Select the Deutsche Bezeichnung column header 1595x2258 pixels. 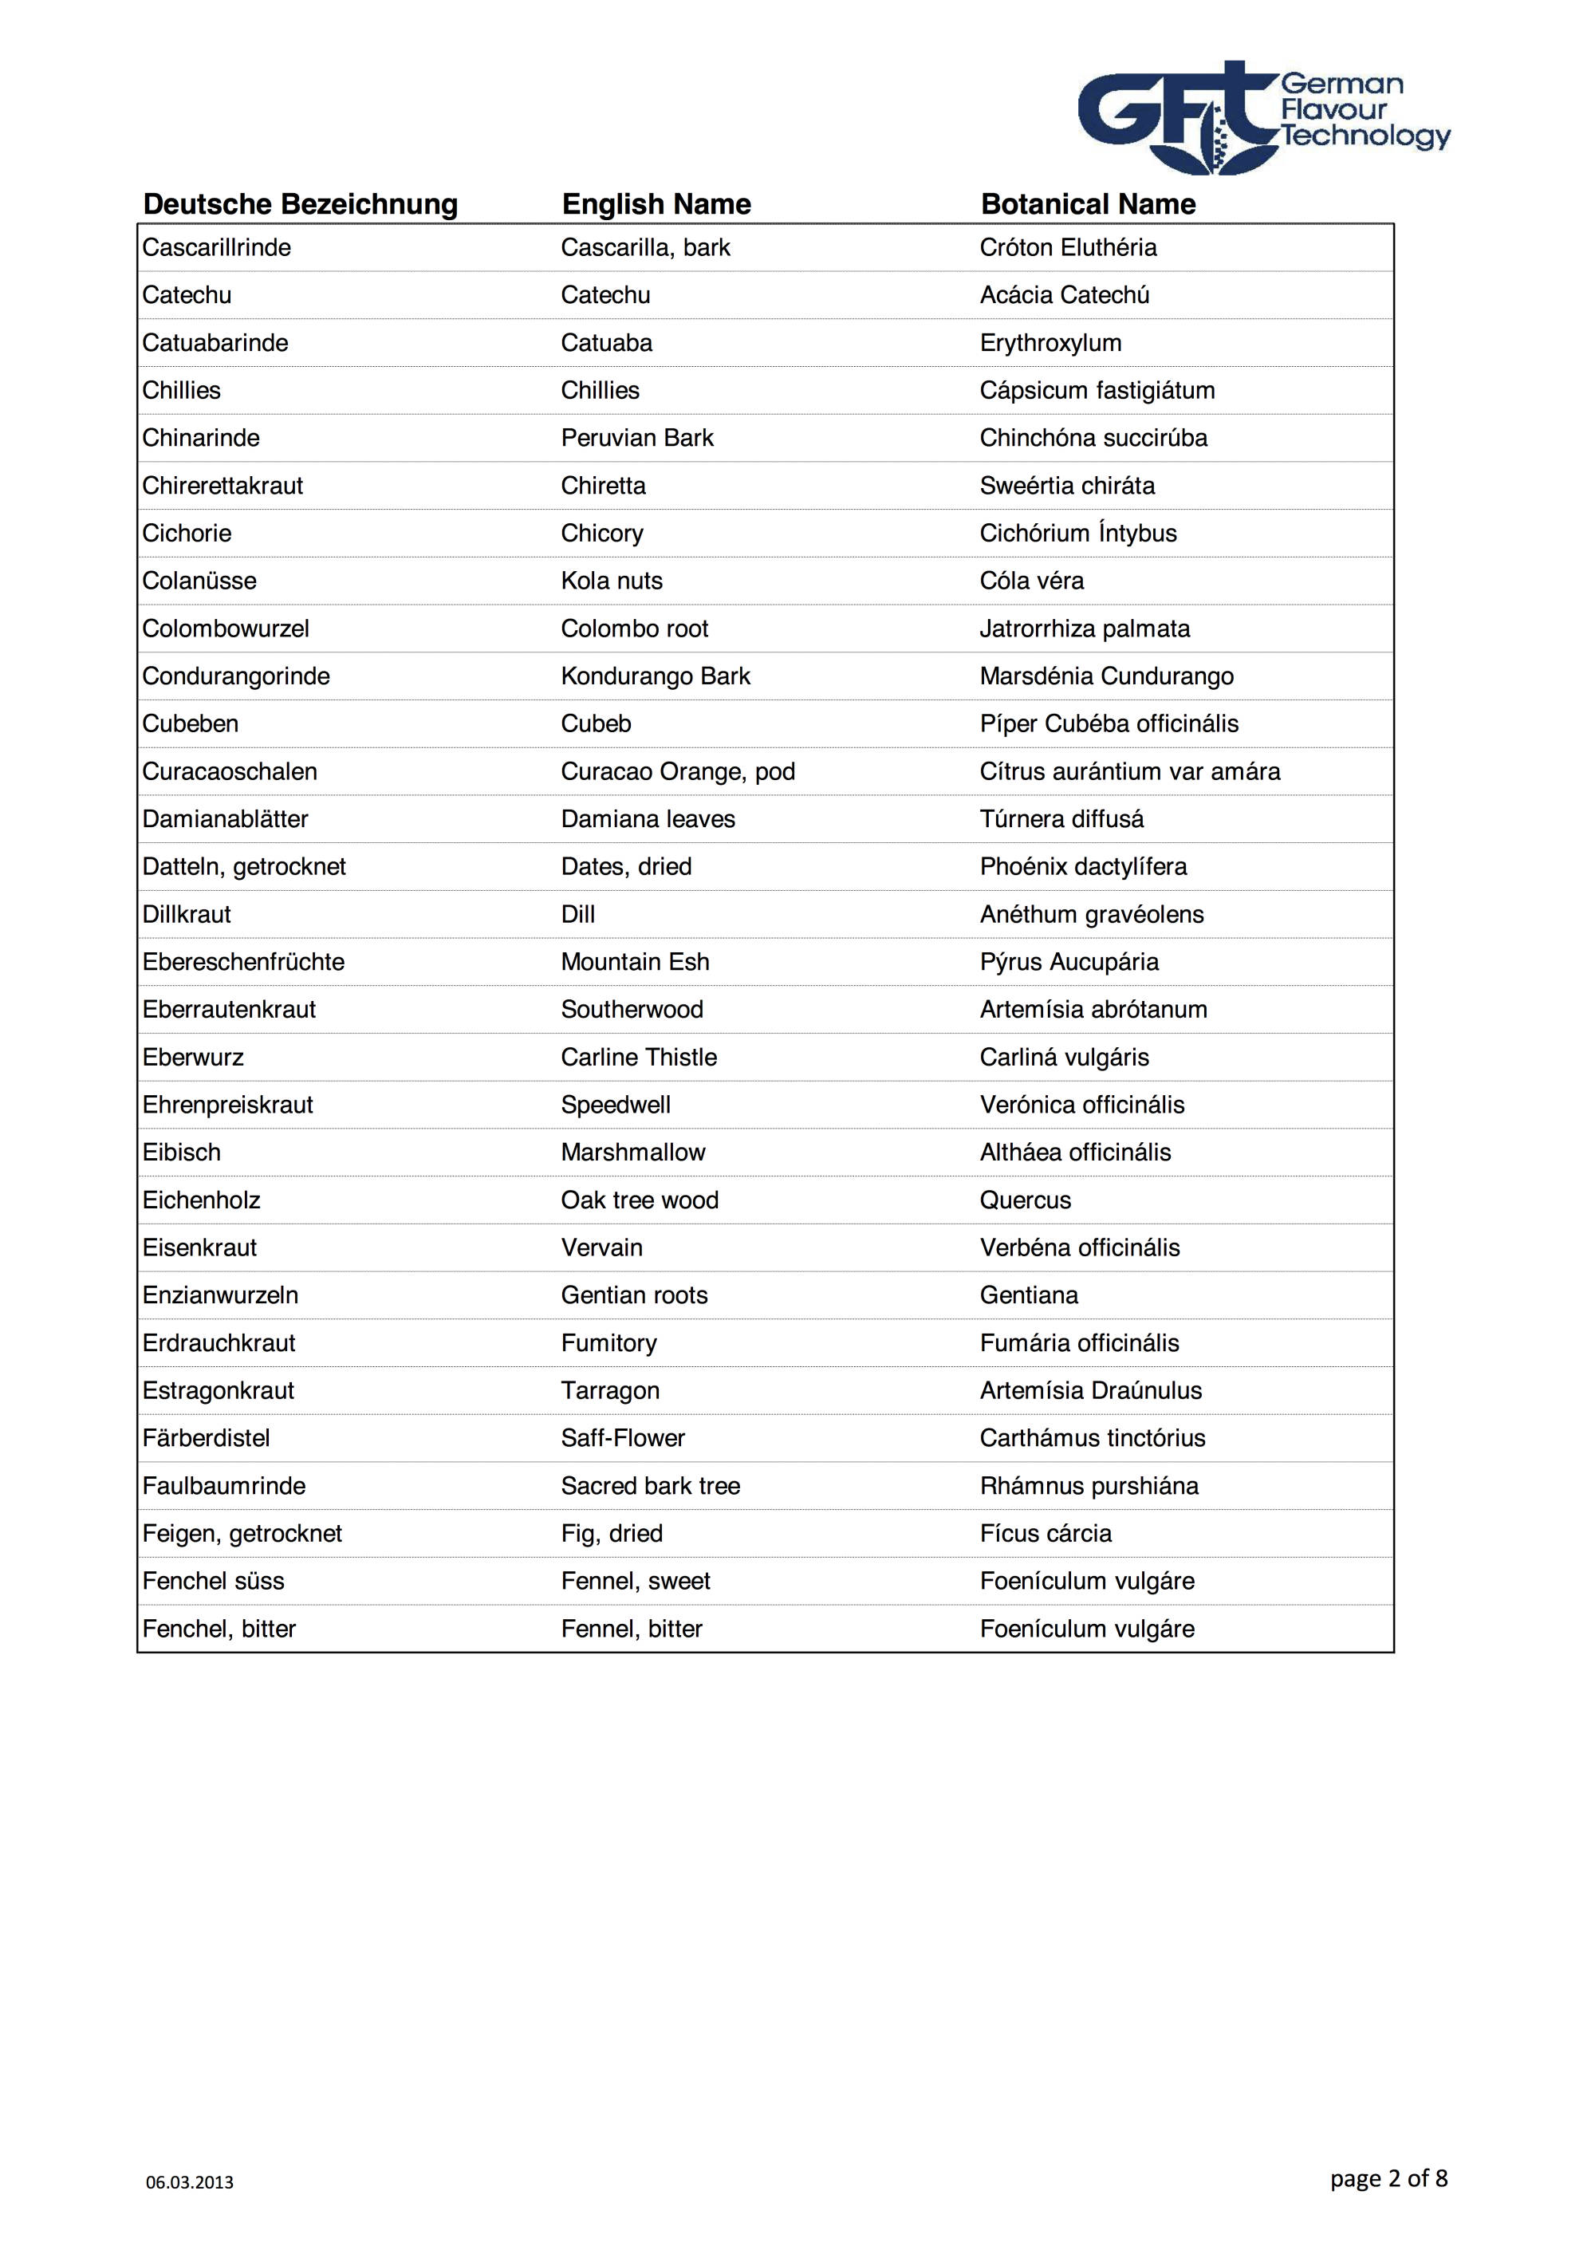300,204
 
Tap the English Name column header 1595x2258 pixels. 656,204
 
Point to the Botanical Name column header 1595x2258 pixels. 1088,204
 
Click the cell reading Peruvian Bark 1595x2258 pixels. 637,439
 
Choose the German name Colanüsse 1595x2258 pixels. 199,581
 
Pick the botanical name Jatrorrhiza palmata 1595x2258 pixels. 1084,629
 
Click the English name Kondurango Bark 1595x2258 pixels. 655,676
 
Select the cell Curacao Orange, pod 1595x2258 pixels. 678,772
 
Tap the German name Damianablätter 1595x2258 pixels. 225,819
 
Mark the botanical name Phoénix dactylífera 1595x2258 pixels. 1083,868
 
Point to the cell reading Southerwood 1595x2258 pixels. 632,1010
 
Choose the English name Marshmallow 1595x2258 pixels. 632,1153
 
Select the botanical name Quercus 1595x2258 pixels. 1025,1201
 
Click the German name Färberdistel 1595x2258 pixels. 206,1439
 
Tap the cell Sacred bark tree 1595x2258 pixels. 650,1486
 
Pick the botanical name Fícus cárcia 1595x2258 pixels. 1046,1535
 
